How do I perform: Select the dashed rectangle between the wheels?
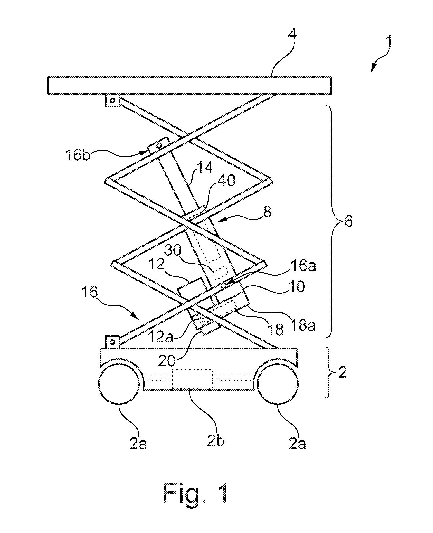[x=193, y=378]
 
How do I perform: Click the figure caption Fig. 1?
[x=196, y=494]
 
